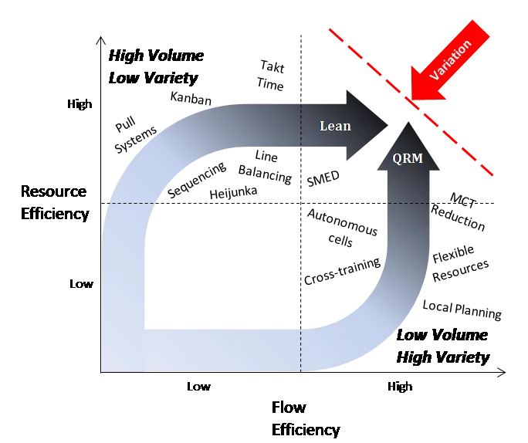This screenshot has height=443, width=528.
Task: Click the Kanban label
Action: tap(191, 98)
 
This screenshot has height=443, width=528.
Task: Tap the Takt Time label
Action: tap(271, 76)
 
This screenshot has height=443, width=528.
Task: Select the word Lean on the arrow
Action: tap(335, 126)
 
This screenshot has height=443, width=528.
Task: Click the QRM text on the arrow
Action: tap(408, 158)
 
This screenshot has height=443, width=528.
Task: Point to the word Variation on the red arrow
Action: tap(450, 60)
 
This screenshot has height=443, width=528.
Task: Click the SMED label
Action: tap(323, 178)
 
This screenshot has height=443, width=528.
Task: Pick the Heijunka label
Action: tap(233, 192)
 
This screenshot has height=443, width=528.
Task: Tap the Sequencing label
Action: tap(197, 180)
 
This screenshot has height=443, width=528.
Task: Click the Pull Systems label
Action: tap(135, 135)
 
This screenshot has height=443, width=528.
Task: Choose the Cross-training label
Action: tap(342, 272)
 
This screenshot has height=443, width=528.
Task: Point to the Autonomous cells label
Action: tap(342, 228)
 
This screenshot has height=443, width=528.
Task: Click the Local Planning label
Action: tap(462, 309)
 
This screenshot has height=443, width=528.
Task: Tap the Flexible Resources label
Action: tap(460, 264)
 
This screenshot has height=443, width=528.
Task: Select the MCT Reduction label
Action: tap(459, 211)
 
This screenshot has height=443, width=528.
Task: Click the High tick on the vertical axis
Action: tap(80, 104)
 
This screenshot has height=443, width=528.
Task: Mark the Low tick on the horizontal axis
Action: tap(198, 386)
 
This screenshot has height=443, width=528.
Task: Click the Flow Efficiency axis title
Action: tap(306, 418)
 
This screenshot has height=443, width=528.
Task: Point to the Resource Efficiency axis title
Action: tap(55, 203)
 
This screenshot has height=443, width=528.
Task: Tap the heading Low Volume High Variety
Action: tap(443, 346)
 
